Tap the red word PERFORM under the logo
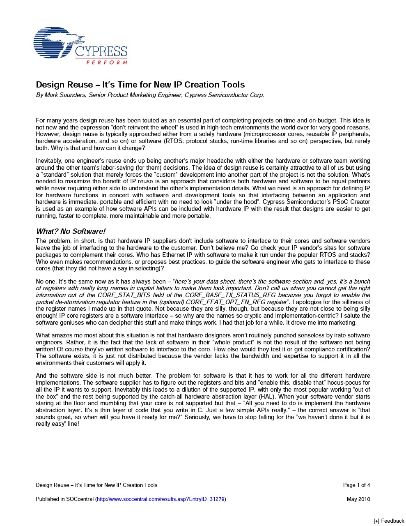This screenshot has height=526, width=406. [x=107, y=62]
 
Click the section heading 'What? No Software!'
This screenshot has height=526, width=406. [x=71, y=231]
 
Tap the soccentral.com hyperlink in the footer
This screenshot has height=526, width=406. [x=161, y=499]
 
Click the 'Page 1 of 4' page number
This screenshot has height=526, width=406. [x=356, y=485]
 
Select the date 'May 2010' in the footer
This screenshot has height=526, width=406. [x=358, y=499]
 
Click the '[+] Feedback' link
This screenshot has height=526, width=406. [x=388, y=521]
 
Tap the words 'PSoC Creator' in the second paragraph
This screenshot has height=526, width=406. [x=352, y=202]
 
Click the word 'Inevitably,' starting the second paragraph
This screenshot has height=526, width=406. [x=49, y=161]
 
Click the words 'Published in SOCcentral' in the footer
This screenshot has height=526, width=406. [x=65, y=499]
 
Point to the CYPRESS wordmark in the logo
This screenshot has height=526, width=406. [x=101, y=52]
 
